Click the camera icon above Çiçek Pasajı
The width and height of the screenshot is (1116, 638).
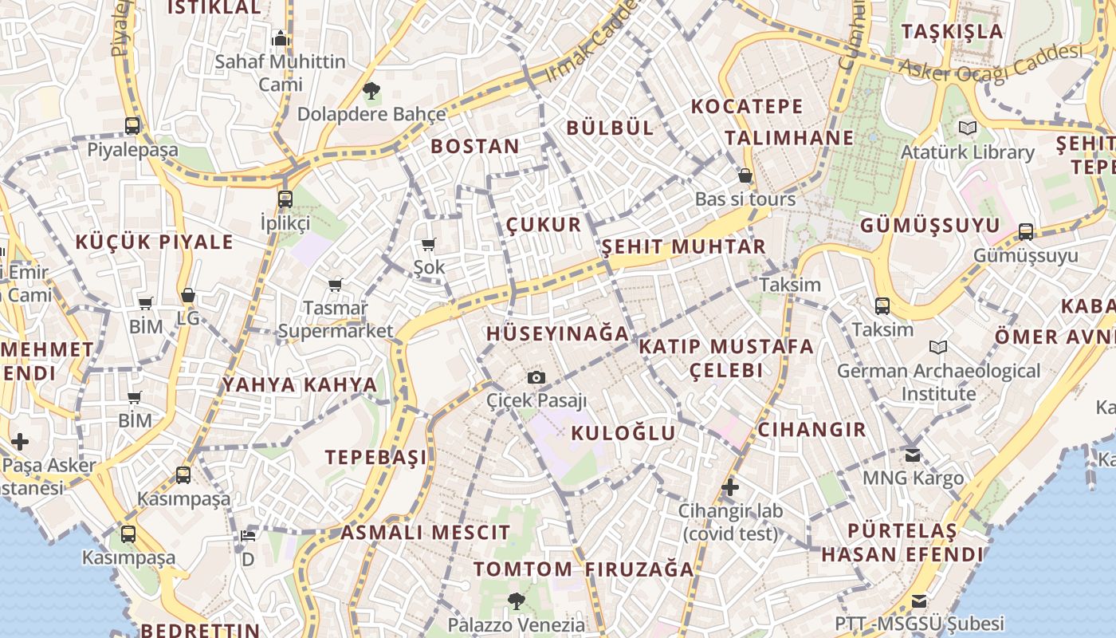536,377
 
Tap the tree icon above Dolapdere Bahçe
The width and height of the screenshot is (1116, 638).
371,91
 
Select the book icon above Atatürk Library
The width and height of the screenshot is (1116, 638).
968,128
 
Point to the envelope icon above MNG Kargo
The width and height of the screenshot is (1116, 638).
913,455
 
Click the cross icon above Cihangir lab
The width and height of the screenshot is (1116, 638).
730,486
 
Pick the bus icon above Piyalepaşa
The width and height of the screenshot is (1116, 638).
132,125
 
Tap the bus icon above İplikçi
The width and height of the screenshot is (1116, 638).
285,199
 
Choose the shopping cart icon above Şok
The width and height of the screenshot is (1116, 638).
429,244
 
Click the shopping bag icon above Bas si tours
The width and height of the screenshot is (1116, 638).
745,175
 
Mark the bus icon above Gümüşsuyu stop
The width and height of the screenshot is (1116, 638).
1026,232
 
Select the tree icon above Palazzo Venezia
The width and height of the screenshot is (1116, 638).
517,601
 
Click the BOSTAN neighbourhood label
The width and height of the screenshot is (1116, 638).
475,146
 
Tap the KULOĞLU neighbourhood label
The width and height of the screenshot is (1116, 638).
623,433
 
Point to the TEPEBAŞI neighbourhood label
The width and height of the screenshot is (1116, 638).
376,457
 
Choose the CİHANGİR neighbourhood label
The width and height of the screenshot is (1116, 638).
811,429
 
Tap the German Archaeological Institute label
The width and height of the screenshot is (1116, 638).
938,382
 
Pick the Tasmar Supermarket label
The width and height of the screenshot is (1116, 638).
336,319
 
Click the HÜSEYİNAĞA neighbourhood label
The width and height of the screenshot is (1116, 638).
557,333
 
